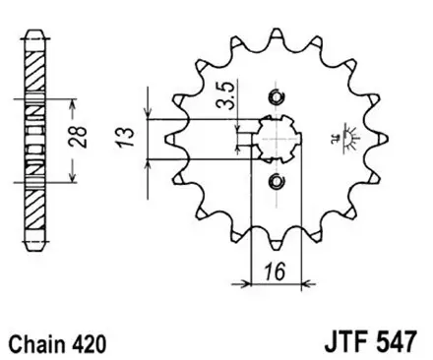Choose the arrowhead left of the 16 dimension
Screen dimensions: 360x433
pyautogui.click(x=247, y=282)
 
